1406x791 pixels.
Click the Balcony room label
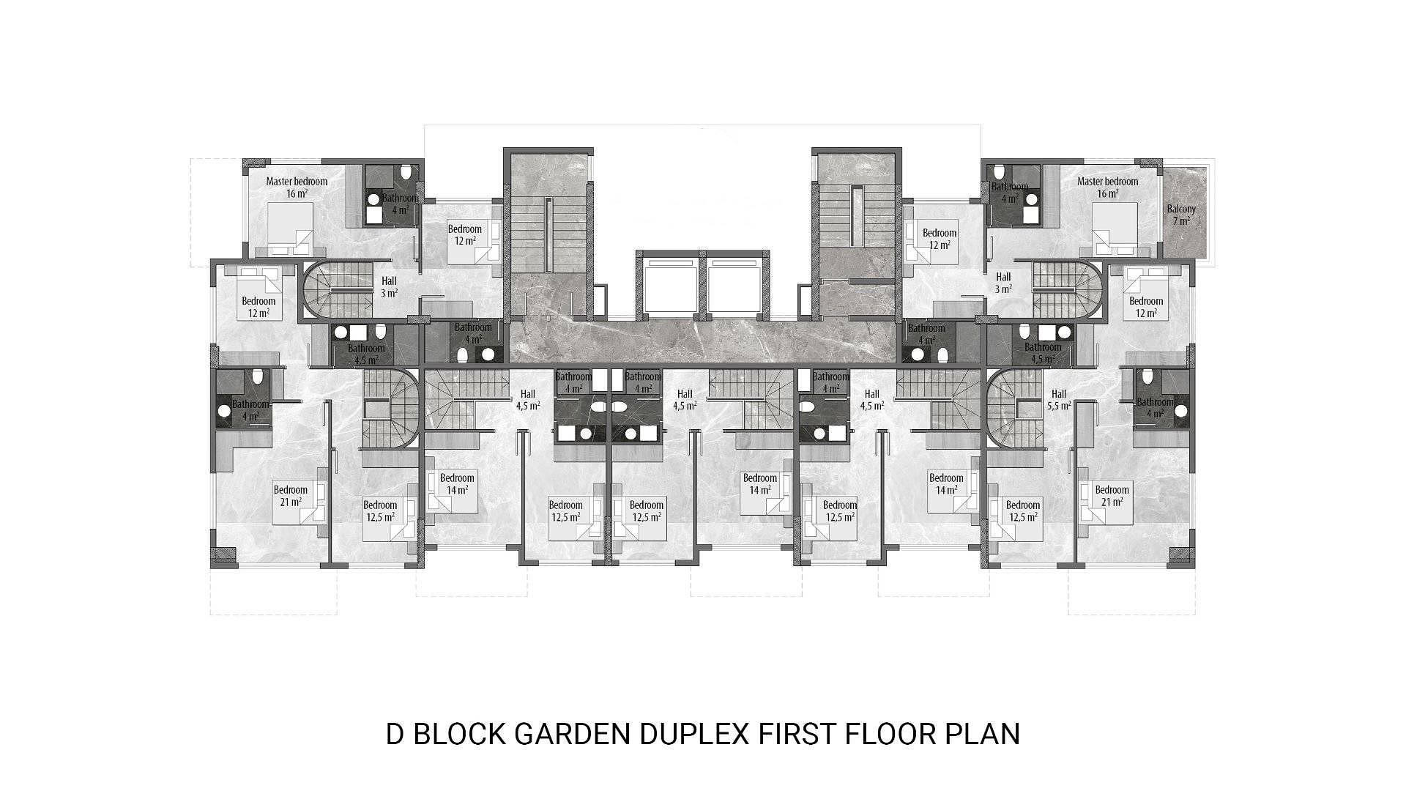[x=1180, y=209]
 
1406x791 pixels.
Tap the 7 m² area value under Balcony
[x=1181, y=220]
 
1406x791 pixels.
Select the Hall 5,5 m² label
[x=1058, y=399]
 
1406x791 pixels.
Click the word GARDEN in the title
[x=571, y=733]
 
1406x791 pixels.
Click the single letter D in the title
[x=395, y=733]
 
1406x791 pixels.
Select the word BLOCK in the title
[x=458, y=733]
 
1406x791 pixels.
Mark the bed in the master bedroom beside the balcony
[x=1115, y=229]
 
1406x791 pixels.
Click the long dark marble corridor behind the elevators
[x=703, y=341]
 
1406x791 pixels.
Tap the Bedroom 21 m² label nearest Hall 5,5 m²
[x=1112, y=496]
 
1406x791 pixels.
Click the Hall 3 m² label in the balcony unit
[x=1003, y=283]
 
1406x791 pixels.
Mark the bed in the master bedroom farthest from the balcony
[x=291, y=229]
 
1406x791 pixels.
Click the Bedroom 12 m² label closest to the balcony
[x=1146, y=307]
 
